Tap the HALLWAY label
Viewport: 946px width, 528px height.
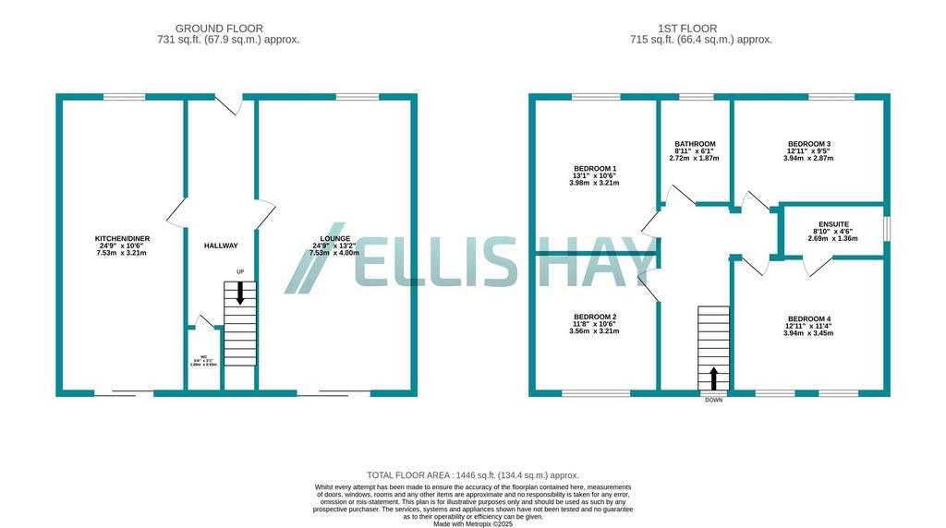pyautogui.click(x=221, y=246)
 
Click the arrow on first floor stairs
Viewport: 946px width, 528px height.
pyautogui.click(x=713, y=378)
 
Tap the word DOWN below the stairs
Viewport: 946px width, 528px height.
pyautogui.click(x=713, y=400)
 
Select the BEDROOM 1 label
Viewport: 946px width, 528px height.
pyautogui.click(x=595, y=169)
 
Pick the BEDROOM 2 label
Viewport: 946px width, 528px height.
pyautogui.click(x=595, y=317)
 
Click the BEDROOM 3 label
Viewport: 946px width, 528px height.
pyautogui.click(x=808, y=144)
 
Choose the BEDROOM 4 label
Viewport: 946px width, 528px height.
pyautogui.click(x=808, y=319)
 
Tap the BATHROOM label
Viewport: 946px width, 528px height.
pyautogui.click(x=694, y=144)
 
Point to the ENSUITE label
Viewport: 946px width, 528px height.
pyautogui.click(x=833, y=223)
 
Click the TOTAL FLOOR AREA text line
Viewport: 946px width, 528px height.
pyautogui.click(x=472, y=474)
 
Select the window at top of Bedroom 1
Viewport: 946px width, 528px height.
pyautogui.click(x=595, y=97)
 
